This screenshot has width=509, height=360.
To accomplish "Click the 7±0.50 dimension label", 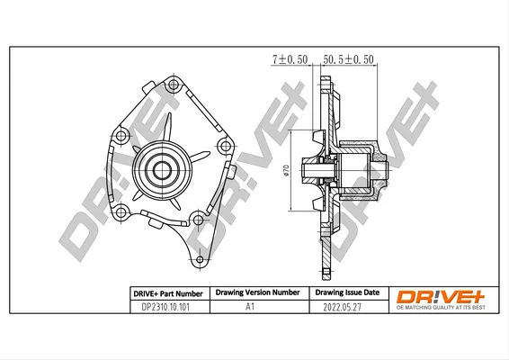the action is tap(290, 59).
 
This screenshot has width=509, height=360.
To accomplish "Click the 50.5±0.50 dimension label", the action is tap(348, 59).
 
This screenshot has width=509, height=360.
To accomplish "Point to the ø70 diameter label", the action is tap(286, 170).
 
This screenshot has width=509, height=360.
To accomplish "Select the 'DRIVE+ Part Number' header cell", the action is tap(168, 294).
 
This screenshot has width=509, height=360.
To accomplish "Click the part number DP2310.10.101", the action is tap(165, 307).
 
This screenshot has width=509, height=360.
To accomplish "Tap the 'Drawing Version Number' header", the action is tap(257, 292).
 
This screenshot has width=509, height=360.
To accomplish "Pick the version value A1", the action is tap(250, 306).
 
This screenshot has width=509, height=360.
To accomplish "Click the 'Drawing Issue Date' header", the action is tap(347, 292).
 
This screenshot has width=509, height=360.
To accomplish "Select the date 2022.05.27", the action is tap(342, 307).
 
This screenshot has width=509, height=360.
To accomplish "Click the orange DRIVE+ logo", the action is tap(441, 297).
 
